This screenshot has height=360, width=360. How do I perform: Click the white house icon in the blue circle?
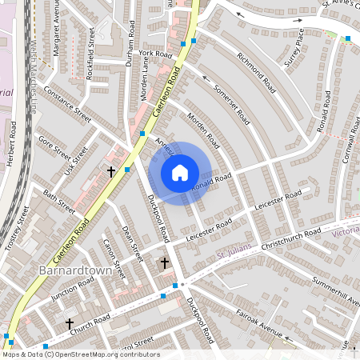point(180,173)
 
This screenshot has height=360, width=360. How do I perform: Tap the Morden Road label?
point(202,130)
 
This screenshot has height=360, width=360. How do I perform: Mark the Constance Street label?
point(68,104)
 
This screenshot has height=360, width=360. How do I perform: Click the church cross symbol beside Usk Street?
point(111,171)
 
